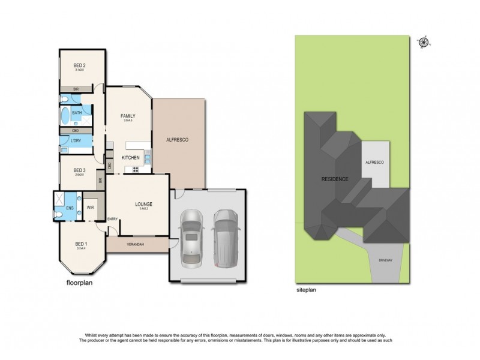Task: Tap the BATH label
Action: [77, 112]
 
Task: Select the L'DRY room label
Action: [76, 140]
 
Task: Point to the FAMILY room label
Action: [127, 116]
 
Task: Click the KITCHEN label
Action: [131, 158]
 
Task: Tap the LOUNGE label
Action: [143, 204]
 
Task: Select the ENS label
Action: [70, 208]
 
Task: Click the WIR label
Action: [91, 208]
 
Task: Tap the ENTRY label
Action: [113, 219]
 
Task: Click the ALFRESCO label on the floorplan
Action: [178, 140]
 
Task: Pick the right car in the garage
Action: [226, 234]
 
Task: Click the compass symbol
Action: [424, 41]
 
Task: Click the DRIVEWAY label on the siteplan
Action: [386, 261]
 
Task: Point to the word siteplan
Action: [306, 290]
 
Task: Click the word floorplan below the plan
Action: [81, 282]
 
